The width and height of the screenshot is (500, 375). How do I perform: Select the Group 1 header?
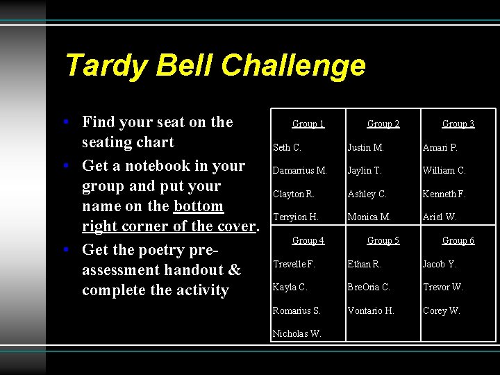point(308,124)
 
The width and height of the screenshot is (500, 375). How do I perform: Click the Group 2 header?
point(383,124)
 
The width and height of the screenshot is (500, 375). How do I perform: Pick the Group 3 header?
point(458,124)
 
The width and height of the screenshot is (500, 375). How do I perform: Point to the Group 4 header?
point(308,241)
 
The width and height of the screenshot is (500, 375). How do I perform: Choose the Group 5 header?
point(383,241)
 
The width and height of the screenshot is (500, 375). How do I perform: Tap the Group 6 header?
point(458,241)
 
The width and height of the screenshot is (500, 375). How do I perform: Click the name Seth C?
point(287,148)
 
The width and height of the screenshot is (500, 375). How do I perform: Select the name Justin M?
point(366,148)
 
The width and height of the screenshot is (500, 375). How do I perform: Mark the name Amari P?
point(440,148)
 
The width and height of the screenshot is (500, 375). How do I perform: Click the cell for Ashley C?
point(367,194)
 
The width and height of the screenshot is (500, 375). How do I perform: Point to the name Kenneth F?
point(444,194)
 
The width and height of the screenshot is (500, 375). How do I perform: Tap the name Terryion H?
point(296,217)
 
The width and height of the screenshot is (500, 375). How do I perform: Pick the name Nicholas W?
point(297,334)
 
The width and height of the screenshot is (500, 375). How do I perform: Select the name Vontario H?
point(371,311)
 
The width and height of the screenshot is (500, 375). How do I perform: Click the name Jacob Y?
point(440,265)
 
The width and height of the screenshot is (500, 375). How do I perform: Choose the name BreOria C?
point(369,287)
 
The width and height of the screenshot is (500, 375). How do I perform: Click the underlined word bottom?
point(199,206)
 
